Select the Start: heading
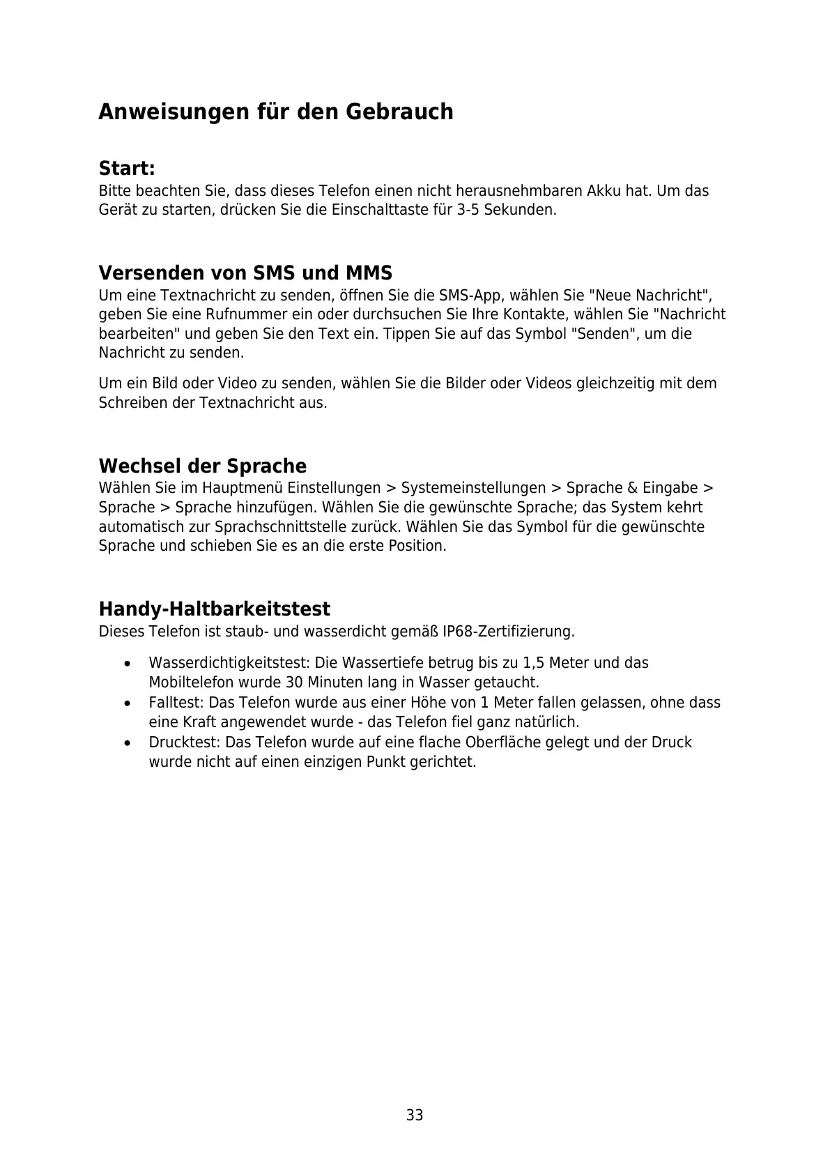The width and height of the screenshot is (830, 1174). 127,169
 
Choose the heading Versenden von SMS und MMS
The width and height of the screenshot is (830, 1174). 245,273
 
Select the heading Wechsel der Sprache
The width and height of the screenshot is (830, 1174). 203,466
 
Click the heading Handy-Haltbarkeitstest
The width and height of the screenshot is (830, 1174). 215,609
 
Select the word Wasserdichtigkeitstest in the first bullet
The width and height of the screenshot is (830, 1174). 229,663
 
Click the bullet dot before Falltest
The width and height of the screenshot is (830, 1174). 126,703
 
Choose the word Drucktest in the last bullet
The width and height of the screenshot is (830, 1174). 183,742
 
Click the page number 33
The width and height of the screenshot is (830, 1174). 415,1115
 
